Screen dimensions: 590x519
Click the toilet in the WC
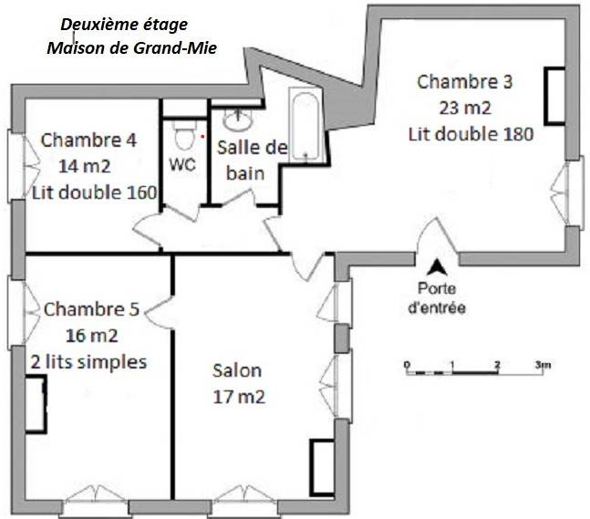coord(183,134)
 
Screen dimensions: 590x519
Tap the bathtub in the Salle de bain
coord(305,125)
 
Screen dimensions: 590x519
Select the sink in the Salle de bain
coord(238,119)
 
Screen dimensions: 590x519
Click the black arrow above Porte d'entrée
coord(437,267)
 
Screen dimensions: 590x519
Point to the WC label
coord(182,164)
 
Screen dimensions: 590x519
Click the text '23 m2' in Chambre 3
coord(465,108)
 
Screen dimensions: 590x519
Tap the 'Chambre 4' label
coord(88,140)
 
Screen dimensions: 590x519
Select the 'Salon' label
coord(237,370)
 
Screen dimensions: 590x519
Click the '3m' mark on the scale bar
coord(543,364)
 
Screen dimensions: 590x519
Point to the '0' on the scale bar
coord(407,365)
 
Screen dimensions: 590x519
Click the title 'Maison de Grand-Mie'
coord(131,47)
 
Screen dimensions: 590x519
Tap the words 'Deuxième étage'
coord(124,25)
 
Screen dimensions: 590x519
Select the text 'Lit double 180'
coord(471,134)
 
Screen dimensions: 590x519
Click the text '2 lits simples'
coord(88,362)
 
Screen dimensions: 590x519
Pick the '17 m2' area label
coord(239,397)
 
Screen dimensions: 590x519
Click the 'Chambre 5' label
coord(91,309)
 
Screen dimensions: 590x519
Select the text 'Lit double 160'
coord(94,192)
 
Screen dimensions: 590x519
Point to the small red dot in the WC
coord(202,137)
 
